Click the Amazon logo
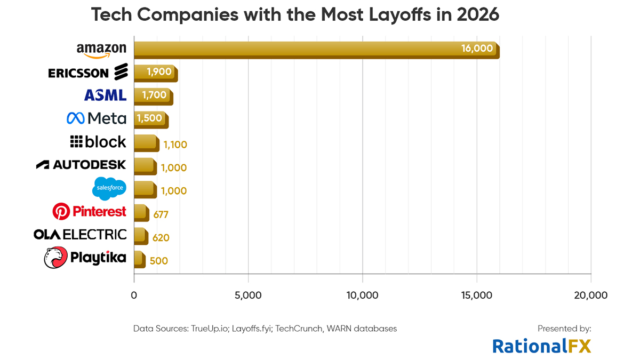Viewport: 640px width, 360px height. tap(101, 50)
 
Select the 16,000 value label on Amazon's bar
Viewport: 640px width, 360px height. tap(476, 49)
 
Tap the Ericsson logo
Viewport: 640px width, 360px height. tap(88, 72)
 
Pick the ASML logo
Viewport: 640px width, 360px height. tap(105, 95)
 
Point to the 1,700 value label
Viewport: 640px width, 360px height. tap(154, 95)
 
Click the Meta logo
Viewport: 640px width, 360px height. tap(97, 118)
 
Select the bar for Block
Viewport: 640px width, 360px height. tap(146, 142)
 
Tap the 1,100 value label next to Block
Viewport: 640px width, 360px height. tap(175, 145)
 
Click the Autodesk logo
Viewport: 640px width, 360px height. tap(81, 165)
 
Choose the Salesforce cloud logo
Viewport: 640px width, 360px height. tap(109, 188)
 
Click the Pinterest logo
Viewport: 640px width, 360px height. tap(89, 212)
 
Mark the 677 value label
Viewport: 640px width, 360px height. tap(161, 215)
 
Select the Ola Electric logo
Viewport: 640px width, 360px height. tap(80, 235)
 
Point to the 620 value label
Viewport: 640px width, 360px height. tap(161, 238)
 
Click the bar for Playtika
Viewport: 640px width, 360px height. tap(138, 259)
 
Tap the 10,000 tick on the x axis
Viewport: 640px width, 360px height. tap(362, 295)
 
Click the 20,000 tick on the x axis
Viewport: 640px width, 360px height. tap(590, 295)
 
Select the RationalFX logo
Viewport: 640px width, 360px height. tap(541, 346)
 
